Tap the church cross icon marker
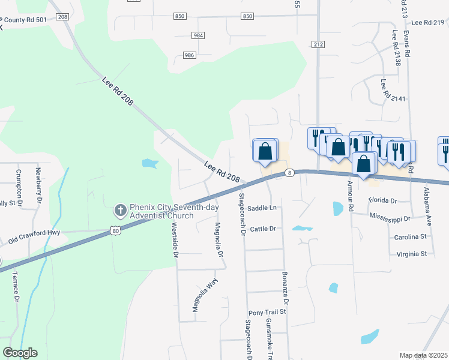[120, 211]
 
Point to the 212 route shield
[318, 44]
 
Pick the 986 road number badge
[190, 55]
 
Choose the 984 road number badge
[198, 35]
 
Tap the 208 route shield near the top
[64, 17]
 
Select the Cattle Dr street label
[263, 229]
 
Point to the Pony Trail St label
[268, 313]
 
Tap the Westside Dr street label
[175, 240]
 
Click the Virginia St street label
[411, 254]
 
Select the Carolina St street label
[410, 237]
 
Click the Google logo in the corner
[20, 353]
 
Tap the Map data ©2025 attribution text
[423, 355]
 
